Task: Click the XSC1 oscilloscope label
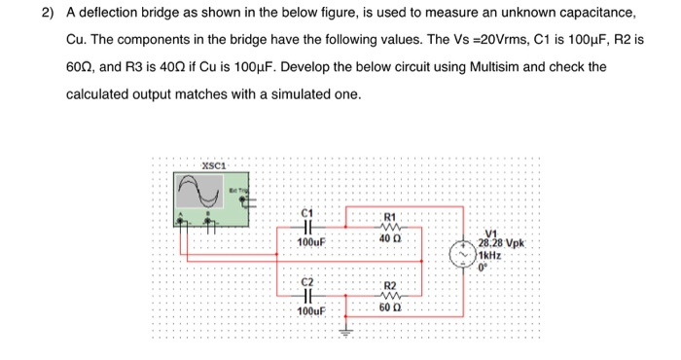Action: tap(215, 164)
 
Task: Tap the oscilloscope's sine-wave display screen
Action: tap(200, 190)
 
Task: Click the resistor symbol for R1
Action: tap(391, 227)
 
